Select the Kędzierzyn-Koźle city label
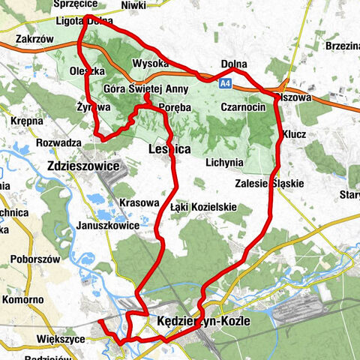pyautogui.click(x=205, y=322)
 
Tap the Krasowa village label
pyautogui.click(x=139, y=202)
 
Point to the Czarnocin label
pyautogui.click(x=243, y=107)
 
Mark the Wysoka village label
pyautogui.click(x=148, y=63)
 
